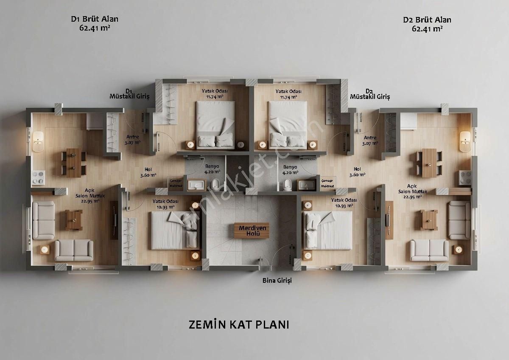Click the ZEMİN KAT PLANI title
[x=239, y=325]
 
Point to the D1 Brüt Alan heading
[x=95, y=19]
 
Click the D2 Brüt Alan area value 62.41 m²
[x=427, y=29]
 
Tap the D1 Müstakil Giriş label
[x=130, y=94]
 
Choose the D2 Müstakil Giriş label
[x=370, y=94]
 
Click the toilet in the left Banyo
[x=216, y=184]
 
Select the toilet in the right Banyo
[x=287, y=184]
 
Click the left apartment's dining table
[x=74, y=162]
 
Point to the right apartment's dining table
[x=429, y=163]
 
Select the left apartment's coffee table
[x=73, y=219]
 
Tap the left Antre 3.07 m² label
[x=132, y=140]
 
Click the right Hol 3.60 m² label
[x=357, y=172]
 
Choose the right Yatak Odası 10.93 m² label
[x=344, y=203]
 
